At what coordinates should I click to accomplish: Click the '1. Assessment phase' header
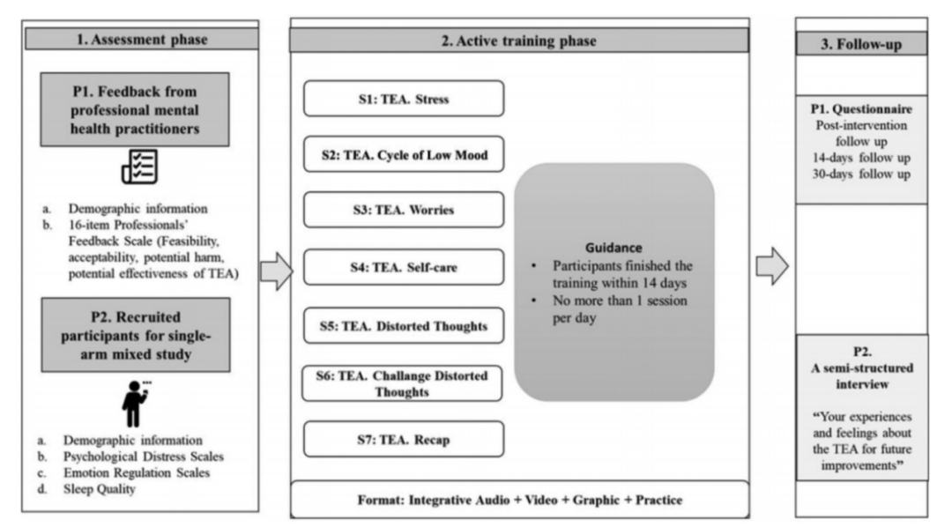pos(142,39)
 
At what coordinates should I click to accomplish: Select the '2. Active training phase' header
pos(518,41)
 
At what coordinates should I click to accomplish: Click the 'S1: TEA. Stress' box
pos(404,99)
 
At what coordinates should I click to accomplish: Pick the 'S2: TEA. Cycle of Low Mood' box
pos(404,156)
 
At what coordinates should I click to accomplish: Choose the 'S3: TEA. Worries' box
pos(404,210)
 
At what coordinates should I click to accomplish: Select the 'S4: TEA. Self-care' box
pos(404,267)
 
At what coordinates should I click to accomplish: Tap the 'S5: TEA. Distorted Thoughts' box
pos(404,326)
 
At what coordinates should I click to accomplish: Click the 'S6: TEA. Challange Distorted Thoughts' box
pos(403,383)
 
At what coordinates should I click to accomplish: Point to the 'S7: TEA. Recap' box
pos(404,438)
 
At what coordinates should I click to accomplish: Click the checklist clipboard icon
pos(138,166)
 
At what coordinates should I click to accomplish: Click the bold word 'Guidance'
pos(614,249)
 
